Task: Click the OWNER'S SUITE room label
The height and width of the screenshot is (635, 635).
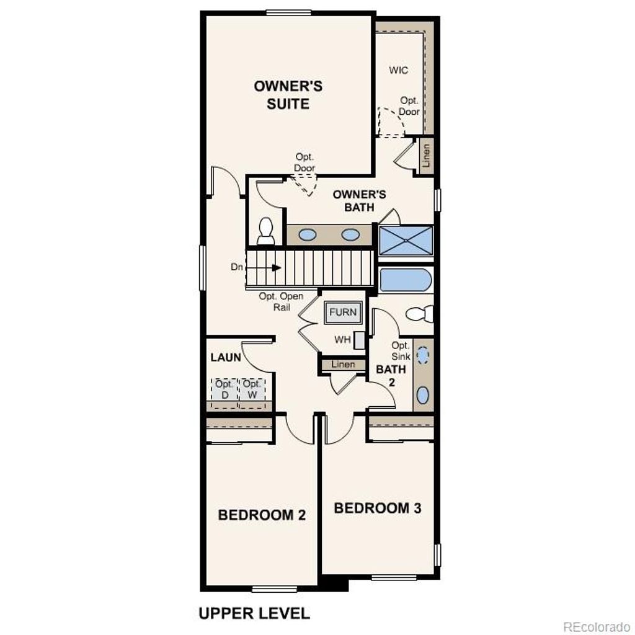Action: pyautogui.click(x=288, y=95)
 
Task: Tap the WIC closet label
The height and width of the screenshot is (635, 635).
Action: pyautogui.click(x=399, y=70)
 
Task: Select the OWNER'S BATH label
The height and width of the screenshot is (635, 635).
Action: pyautogui.click(x=359, y=201)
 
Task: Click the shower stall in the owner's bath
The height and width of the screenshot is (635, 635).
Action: pyautogui.click(x=406, y=241)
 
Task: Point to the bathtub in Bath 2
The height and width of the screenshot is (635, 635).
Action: pyautogui.click(x=406, y=280)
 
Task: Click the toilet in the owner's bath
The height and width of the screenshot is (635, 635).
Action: pyautogui.click(x=266, y=231)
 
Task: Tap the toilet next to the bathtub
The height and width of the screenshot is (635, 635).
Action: pyautogui.click(x=420, y=314)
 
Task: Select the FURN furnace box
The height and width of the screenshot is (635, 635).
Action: pyautogui.click(x=343, y=313)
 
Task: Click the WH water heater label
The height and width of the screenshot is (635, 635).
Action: pyautogui.click(x=342, y=340)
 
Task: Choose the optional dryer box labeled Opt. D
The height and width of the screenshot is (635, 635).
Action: pyautogui.click(x=224, y=390)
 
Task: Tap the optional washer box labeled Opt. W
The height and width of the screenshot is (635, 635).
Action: pyautogui.click(x=252, y=390)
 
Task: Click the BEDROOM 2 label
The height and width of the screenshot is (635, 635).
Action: pyautogui.click(x=262, y=515)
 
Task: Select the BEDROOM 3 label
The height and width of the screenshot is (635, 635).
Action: pyautogui.click(x=378, y=508)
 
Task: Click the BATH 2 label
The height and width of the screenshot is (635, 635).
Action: pyautogui.click(x=391, y=375)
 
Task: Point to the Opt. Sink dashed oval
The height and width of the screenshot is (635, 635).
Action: pyautogui.click(x=422, y=355)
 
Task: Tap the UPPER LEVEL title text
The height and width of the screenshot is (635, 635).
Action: pyautogui.click(x=254, y=613)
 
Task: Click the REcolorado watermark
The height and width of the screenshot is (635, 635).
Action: pyautogui.click(x=596, y=626)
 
